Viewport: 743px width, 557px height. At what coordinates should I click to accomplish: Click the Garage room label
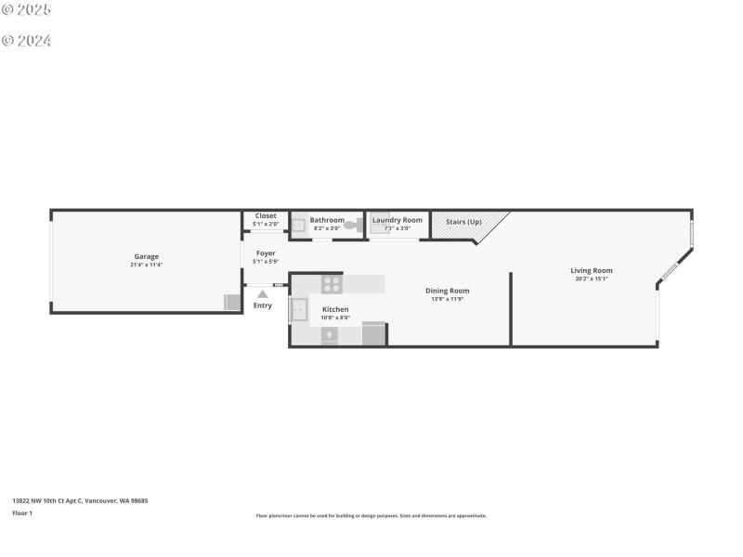pos(146,256)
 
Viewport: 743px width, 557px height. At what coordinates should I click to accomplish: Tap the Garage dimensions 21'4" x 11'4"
pos(146,266)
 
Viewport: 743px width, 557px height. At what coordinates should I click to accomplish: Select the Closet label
pos(266,215)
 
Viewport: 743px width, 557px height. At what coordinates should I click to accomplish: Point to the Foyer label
pos(266,253)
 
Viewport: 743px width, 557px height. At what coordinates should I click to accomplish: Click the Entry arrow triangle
pos(263,294)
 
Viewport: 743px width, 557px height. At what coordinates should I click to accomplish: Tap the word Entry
pos(263,305)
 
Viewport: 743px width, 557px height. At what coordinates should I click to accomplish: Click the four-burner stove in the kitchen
pos(332,285)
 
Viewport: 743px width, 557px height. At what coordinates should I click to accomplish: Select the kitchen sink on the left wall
pos(299,310)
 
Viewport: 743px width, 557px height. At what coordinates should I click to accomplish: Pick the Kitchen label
pos(335,309)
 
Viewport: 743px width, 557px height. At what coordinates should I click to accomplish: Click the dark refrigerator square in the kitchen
pos(373,334)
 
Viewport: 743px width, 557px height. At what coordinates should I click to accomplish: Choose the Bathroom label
pos(327,220)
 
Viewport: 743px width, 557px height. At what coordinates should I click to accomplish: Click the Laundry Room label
pos(398,220)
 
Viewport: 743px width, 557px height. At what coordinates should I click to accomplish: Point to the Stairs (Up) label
pos(463,222)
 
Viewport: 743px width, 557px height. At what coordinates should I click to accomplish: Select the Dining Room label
pos(447,291)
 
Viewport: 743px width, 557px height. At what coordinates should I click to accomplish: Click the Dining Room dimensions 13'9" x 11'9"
pos(447,299)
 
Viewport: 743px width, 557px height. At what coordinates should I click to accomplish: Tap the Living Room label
pos(592,270)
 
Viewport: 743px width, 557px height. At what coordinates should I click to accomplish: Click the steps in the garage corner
pos(231,303)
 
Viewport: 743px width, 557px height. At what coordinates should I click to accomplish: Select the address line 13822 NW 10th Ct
pos(80,500)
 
